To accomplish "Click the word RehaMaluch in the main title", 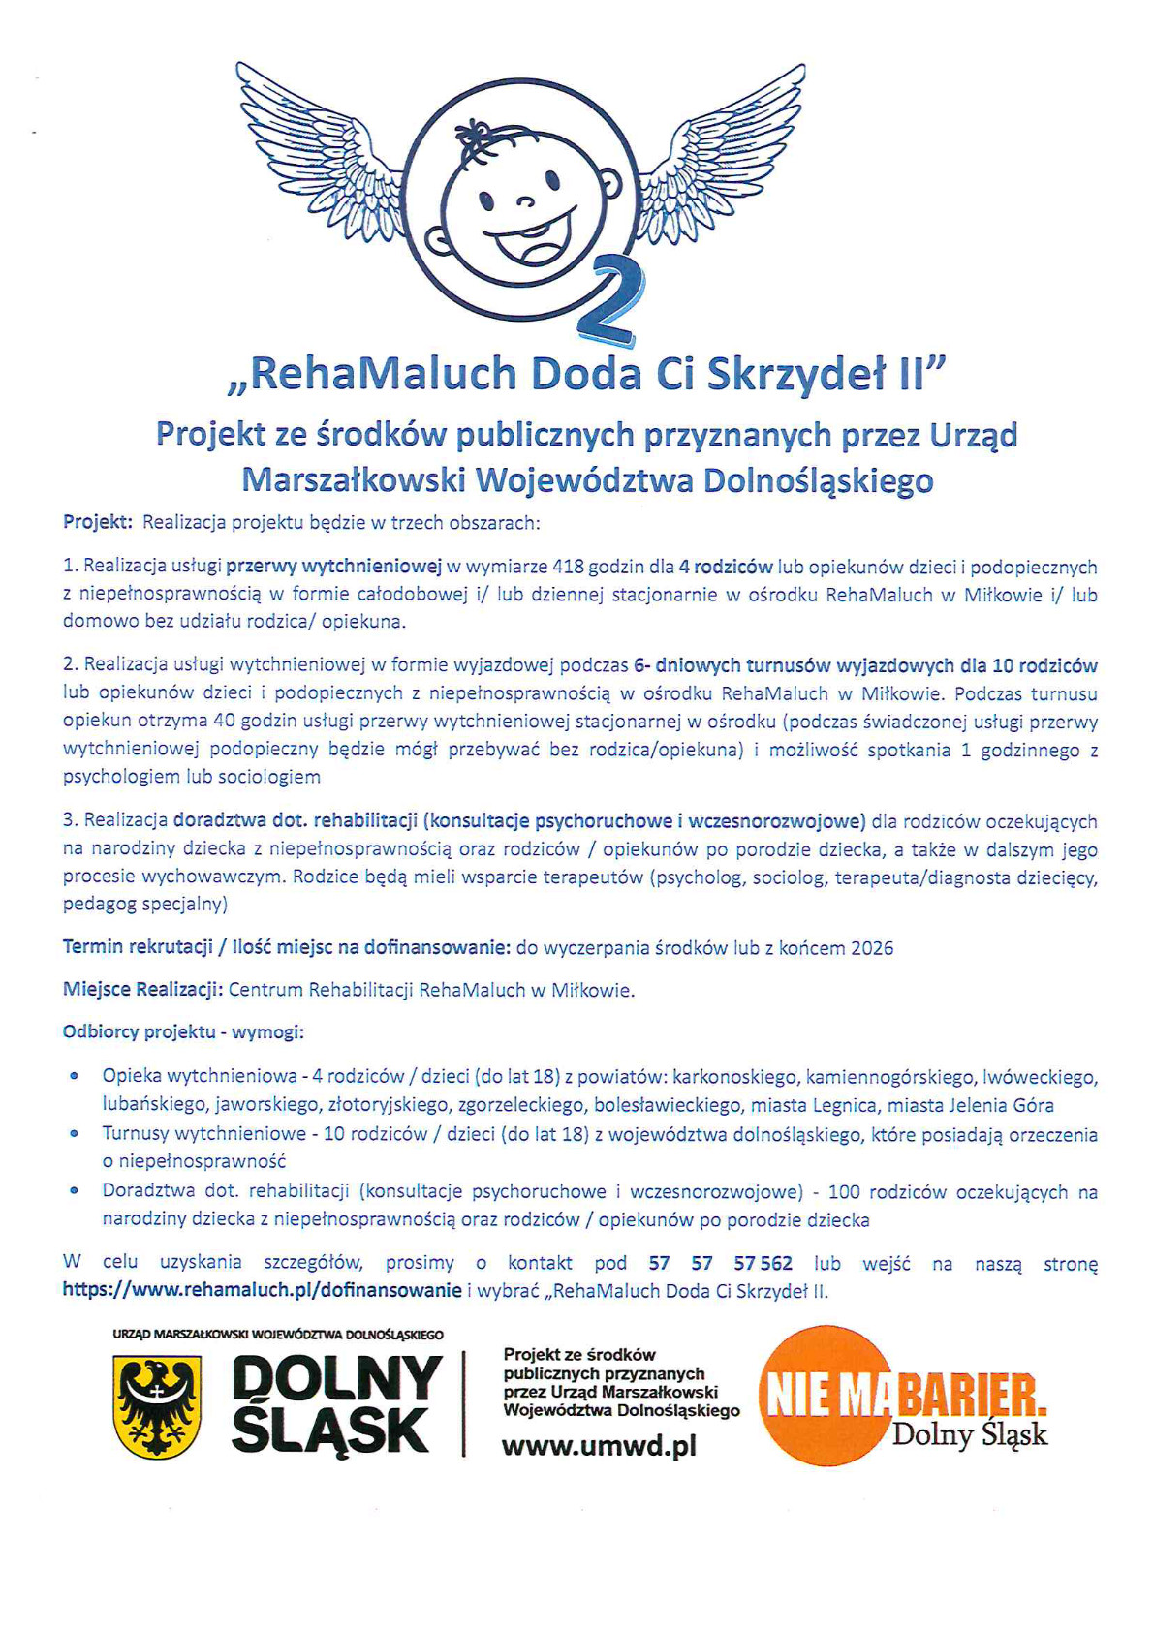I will (x=384, y=375).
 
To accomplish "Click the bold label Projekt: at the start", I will (x=97, y=523).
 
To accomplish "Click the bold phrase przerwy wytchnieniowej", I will (x=333, y=567).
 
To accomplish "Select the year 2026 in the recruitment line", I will (x=872, y=948).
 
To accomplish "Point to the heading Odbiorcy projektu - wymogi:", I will (x=183, y=1032).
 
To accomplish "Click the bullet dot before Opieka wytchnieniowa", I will (x=74, y=1077).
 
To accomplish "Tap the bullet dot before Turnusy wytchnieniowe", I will (x=74, y=1133).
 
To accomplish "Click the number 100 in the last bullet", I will (x=845, y=1192).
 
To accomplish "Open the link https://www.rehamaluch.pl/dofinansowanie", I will (x=262, y=1290).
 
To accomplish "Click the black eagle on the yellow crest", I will (x=157, y=1405).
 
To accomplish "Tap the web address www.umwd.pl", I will (x=599, y=1447).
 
